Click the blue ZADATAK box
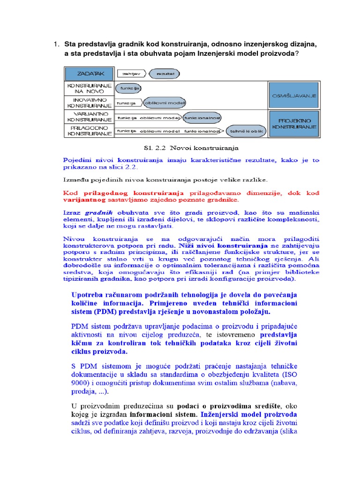click(x=89, y=74)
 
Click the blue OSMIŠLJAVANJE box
click(x=294, y=95)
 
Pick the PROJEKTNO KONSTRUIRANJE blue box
click(x=294, y=124)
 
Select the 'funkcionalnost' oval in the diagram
click(x=202, y=117)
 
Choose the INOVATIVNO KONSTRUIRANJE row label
click(x=89, y=103)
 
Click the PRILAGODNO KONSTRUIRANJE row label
click(x=89, y=131)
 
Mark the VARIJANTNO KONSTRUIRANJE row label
click(x=89, y=117)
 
